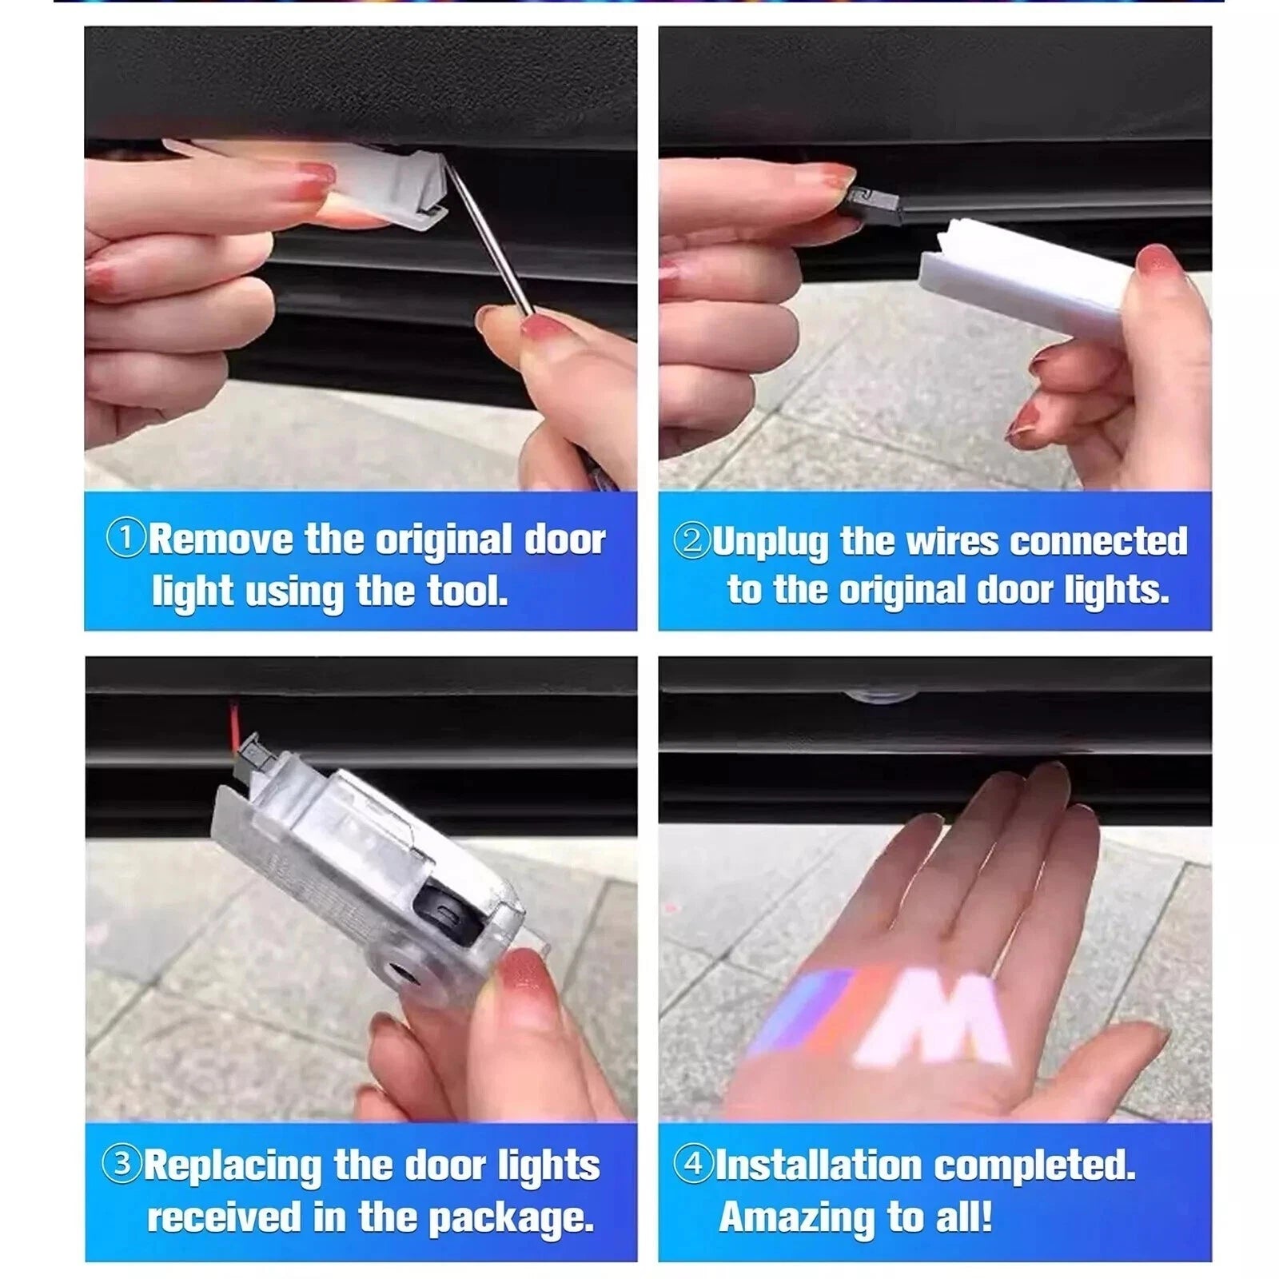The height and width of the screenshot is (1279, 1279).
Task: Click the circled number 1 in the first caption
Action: pyautogui.click(x=126, y=538)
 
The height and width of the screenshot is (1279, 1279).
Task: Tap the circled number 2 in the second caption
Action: pyautogui.click(x=691, y=540)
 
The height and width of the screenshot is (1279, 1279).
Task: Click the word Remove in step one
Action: pyautogui.click(x=221, y=540)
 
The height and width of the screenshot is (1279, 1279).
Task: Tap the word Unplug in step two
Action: pyautogui.click(x=770, y=542)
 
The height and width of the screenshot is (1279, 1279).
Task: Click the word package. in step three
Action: pyautogui.click(x=512, y=1218)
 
